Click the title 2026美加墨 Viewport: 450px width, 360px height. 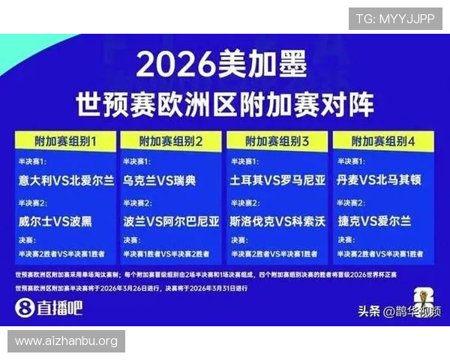point(222,66)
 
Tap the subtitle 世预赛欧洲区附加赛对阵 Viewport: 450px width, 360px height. point(224,103)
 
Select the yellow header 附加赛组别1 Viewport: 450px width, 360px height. point(65,141)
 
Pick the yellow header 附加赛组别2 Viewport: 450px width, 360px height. point(171,141)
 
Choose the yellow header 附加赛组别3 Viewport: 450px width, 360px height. point(277,141)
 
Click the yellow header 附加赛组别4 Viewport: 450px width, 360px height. point(383,141)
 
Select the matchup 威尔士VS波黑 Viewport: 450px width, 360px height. point(56,221)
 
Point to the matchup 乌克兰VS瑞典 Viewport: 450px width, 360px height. point(160,181)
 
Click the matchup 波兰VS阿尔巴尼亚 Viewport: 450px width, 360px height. point(172,221)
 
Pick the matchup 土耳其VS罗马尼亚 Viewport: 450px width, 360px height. point(278,181)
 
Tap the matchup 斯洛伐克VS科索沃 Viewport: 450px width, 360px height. point(278,221)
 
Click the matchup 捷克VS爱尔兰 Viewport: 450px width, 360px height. point(374,221)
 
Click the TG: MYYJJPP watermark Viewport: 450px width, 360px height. point(395,19)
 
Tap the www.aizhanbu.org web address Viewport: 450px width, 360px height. point(66,341)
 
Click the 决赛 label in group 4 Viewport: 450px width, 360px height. point(346,241)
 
